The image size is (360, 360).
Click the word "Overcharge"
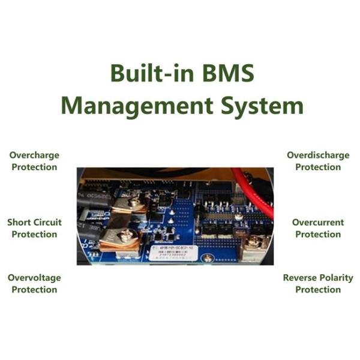(x=34, y=155)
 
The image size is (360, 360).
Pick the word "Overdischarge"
(x=318, y=155)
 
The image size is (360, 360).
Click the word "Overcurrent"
(x=318, y=223)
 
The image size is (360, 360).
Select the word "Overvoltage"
(x=34, y=278)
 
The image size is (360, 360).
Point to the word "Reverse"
(x=299, y=278)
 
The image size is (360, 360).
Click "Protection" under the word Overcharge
(x=34, y=167)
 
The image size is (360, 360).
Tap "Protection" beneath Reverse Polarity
(x=318, y=290)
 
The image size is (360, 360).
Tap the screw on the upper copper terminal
(x=131, y=202)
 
